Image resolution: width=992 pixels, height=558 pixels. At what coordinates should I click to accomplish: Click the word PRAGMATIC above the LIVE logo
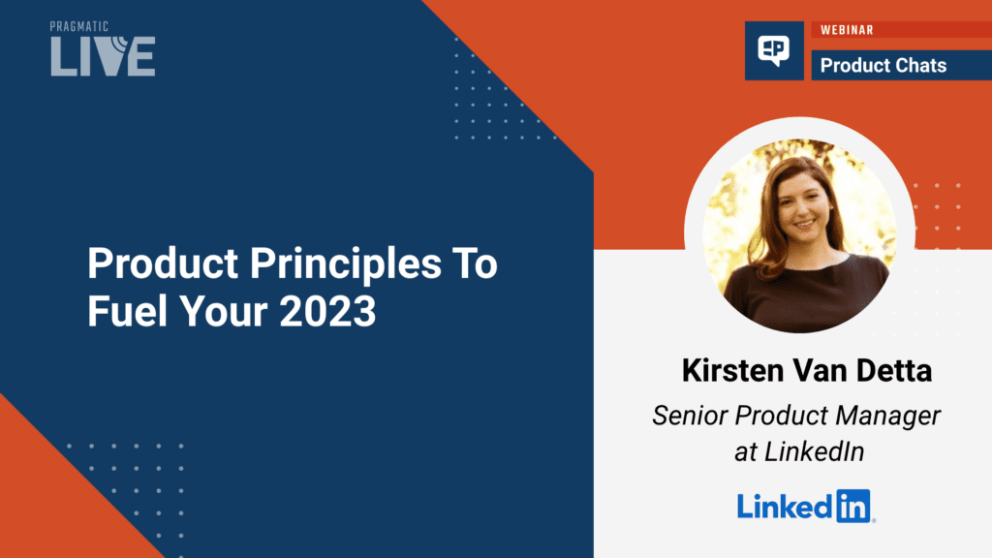click(x=79, y=26)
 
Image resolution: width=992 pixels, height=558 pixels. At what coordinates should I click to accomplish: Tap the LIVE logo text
click(x=103, y=55)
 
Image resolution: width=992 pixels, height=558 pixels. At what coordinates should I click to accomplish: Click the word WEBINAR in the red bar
click(x=847, y=30)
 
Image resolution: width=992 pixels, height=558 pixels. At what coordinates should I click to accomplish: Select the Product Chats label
click(x=883, y=65)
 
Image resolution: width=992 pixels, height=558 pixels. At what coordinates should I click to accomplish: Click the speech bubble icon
click(x=774, y=50)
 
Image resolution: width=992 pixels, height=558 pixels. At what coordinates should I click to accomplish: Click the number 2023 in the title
click(x=327, y=311)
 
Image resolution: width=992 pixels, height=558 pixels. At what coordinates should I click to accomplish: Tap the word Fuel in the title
click(x=128, y=311)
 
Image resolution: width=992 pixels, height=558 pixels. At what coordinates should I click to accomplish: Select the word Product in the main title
click(x=163, y=263)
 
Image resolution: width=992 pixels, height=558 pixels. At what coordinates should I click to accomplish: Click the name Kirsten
click(x=732, y=370)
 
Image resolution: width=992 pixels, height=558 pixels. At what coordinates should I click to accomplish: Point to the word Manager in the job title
click(x=887, y=417)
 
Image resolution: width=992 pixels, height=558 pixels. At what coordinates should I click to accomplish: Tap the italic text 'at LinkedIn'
click(x=799, y=451)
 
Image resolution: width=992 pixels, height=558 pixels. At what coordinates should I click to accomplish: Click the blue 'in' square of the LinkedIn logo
click(x=853, y=506)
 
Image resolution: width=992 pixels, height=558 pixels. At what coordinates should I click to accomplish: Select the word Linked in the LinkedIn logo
click(x=785, y=507)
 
